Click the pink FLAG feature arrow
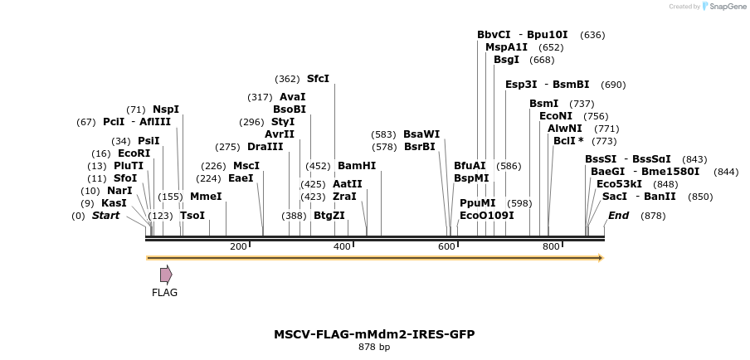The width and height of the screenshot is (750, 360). (x=166, y=275)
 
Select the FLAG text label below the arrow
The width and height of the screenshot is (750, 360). (x=164, y=292)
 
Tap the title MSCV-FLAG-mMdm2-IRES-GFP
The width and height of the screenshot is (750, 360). (x=374, y=334)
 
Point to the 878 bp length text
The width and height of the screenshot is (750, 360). (x=374, y=348)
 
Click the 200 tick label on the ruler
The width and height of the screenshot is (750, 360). (x=238, y=246)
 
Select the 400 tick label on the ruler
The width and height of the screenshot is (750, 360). (x=342, y=246)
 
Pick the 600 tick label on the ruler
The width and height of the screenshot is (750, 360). (x=446, y=246)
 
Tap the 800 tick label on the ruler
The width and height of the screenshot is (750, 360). (x=551, y=246)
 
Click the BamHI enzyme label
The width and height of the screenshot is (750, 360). (x=357, y=166)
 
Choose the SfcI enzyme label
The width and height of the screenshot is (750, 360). (x=318, y=79)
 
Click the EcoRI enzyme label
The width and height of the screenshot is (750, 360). (x=134, y=153)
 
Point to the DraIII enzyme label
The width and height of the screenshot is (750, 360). (x=265, y=147)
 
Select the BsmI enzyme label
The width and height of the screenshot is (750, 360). (x=544, y=104)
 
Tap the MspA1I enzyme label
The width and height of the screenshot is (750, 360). (x=506, y=47)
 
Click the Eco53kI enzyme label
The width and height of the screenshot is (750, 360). (x=619, y=184)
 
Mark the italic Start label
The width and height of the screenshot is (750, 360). (x=105, y=216)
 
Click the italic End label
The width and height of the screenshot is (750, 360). (x=618, y=216)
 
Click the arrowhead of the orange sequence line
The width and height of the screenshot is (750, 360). (x=600, y=258)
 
